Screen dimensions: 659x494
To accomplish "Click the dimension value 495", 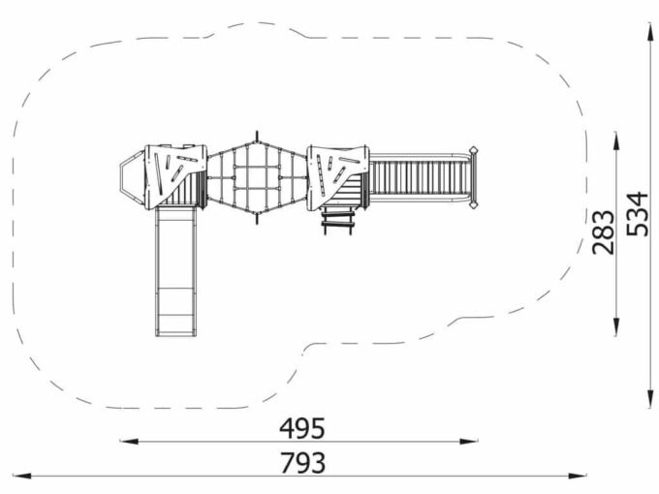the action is pos(302,428).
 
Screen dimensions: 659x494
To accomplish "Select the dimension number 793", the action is pos(302,463).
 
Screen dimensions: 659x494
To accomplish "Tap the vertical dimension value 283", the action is pos(603,232).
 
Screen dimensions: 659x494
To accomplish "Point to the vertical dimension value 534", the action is pos(637,213).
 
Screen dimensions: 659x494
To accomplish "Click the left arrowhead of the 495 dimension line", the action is pos(129,442).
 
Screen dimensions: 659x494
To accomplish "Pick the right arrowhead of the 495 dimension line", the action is pos(469,442).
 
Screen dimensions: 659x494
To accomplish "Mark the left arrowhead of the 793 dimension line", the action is pos(22,476).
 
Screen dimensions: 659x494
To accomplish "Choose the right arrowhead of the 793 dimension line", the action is pos(578,476).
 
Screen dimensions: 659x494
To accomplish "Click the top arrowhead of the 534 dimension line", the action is pos(650,32).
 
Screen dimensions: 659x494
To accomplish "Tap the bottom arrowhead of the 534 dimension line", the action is pos(650,398).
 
